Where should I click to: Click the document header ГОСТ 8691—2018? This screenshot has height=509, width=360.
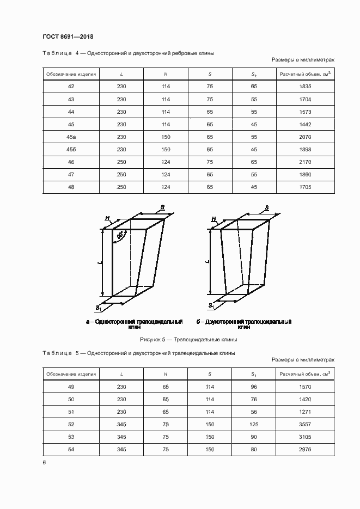click(68, 37)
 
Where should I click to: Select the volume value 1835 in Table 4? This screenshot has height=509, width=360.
click(305, 87)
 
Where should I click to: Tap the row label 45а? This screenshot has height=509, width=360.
click(71, 137)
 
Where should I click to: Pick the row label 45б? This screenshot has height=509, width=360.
click(71, 149)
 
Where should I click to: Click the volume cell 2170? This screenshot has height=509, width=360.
click(305, 162)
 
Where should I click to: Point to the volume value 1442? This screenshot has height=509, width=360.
click(305, 124)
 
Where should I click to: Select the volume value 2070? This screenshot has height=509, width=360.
click(305, 137)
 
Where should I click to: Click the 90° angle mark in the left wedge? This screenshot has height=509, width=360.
click(119, 236)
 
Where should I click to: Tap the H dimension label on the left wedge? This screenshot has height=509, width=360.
click(108, 218)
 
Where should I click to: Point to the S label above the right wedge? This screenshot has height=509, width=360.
click(266, 207)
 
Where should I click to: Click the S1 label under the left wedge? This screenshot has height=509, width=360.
click(99, 308)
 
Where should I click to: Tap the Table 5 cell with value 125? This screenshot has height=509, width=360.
click(254, 424)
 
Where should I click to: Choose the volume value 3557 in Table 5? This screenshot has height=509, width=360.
click(305, 424)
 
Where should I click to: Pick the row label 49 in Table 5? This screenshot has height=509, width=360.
click(71, 387)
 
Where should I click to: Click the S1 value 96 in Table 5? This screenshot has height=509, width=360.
click(254, 387)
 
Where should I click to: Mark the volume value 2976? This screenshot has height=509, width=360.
click(305, 449)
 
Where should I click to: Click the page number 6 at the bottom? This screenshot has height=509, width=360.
click(44, 462)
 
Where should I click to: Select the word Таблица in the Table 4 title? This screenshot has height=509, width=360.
click(57, 53)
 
